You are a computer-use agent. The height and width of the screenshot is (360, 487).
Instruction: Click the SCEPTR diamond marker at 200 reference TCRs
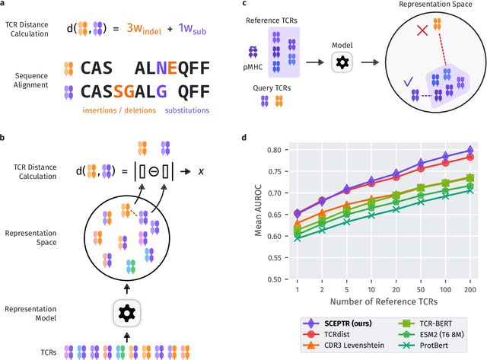click(469, 151)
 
